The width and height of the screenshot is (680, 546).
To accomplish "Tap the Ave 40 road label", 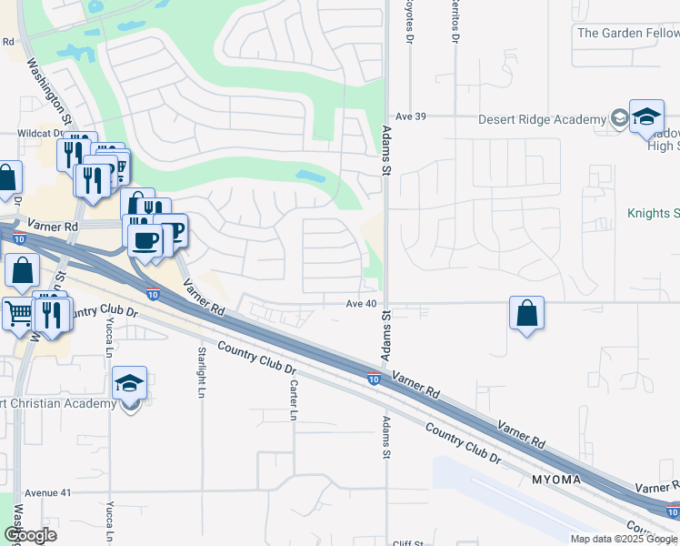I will [361, 303].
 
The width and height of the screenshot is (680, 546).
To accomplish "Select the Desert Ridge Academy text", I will [543, 120].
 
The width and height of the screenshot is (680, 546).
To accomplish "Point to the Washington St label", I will [49, 91].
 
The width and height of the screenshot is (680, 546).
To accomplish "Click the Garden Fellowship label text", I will [627, 33].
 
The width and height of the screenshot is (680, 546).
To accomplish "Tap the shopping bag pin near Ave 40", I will [526, 314].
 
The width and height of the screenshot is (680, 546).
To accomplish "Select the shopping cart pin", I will [19, 313].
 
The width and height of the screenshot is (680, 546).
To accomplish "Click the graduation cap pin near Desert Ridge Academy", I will [646, 117].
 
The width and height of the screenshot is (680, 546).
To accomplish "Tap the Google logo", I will [30, 536].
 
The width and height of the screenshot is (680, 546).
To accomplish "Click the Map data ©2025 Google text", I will [624, 539].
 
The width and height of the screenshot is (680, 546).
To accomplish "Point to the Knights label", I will [653, 214].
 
